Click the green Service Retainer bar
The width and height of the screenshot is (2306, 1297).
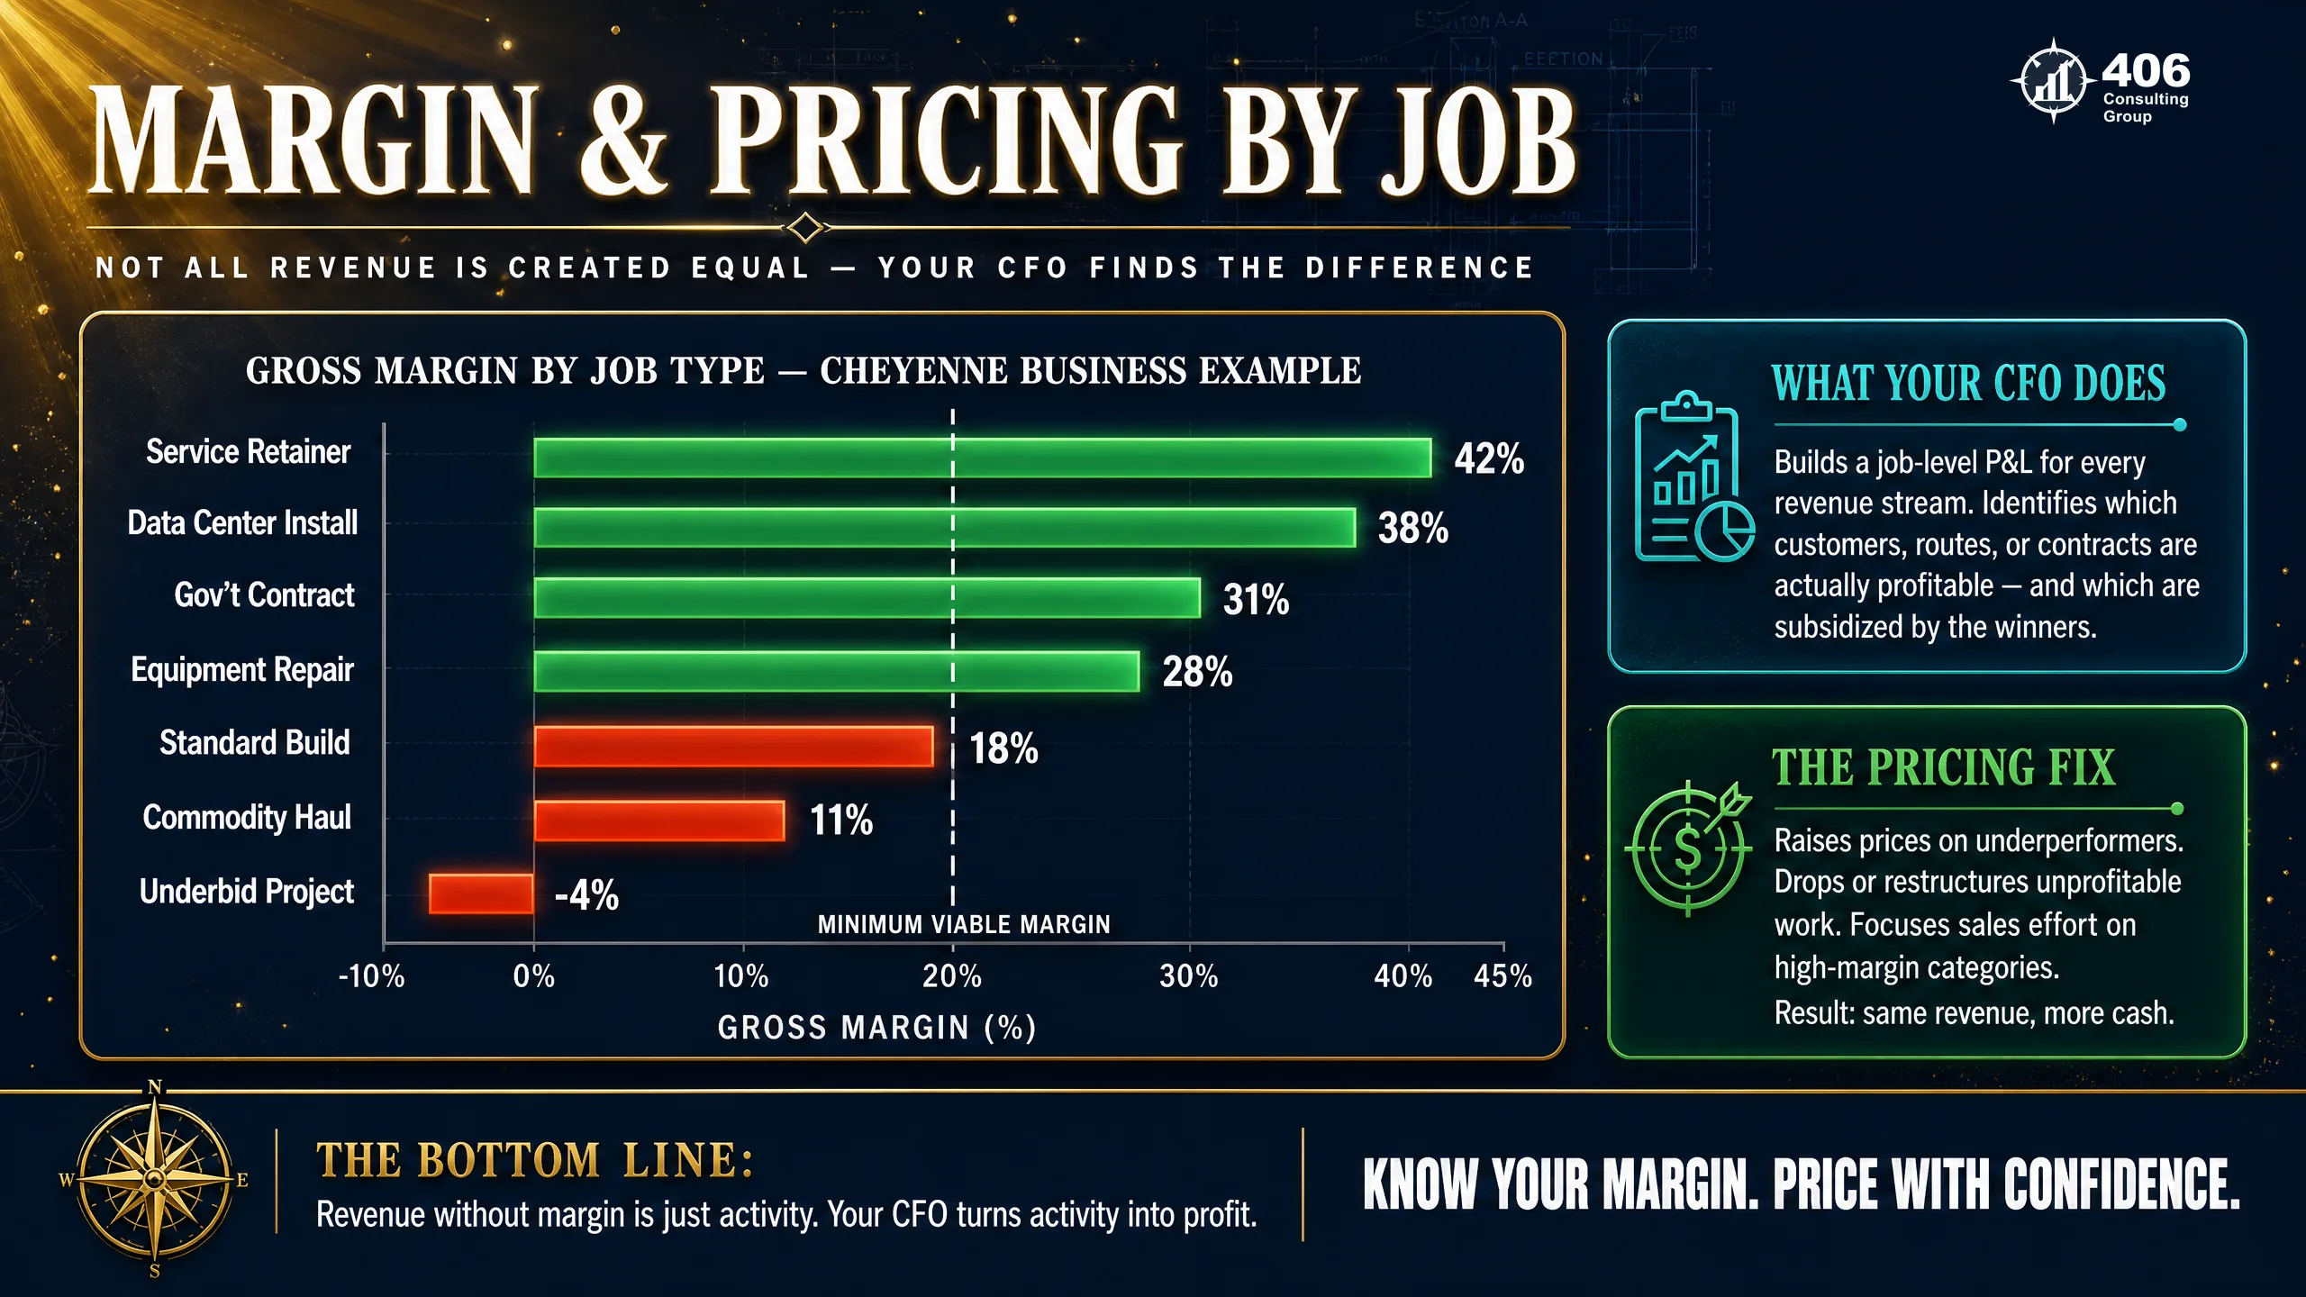pyautogui.click(x=983, y=458)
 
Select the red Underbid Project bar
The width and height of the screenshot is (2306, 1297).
pyautogui.click(x=481, y=893)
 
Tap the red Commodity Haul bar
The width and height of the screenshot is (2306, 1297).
pyautogui.click(x=659, y=821)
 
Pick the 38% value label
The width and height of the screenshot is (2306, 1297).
pyautogui.click(x=1412, y=528)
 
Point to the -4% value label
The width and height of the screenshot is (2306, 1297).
pyautogui.click(x=586, y=895)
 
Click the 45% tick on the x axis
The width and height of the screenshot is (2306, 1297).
pyautogui.click(x=1503, y=975)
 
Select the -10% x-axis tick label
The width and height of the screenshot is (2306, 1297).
pyautogui.click(x=371, y=975)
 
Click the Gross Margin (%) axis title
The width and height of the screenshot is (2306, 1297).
pyautogui.click(x=876, y=1028)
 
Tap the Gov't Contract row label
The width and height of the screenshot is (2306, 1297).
pyautogui.click(x=264, y=594)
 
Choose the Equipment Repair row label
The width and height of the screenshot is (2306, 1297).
pyautogui.click(x=242, y=670)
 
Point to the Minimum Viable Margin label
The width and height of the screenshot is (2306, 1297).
pyautogui.click(x=964, y=924)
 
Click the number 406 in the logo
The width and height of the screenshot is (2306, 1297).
pyautogui.click(x=2146, y=70)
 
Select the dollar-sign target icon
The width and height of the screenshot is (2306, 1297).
pyautogui.click(x=1688, y=847)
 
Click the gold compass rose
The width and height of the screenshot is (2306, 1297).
pyautogui.click(x=155, y=1178)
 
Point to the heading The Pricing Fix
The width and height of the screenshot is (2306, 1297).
pyautogui.click(x=1943, y=767)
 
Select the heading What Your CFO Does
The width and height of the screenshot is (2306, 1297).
pyautogui.click(x=1968, y=383)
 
